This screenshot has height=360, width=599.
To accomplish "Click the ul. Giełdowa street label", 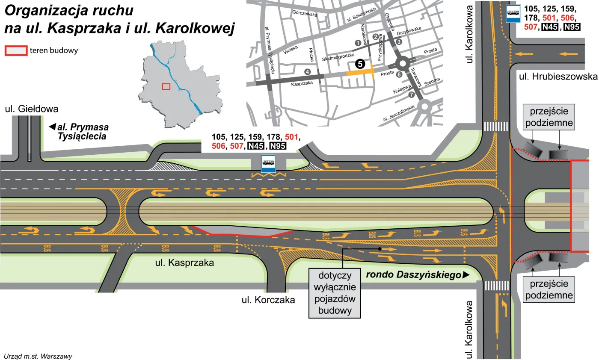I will (31, 109).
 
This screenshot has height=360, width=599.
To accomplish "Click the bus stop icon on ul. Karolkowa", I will (513, 13).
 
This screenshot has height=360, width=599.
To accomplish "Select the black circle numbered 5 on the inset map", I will (359, 64).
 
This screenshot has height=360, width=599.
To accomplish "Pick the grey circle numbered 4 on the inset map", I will (307, 71).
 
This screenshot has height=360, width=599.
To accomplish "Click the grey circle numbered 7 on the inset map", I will (412, 94).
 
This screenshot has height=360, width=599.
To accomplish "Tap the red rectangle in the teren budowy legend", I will (16, 50).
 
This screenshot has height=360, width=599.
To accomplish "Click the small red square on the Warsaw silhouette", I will (166, 86).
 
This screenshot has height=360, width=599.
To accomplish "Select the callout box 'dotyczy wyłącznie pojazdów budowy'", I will (334, 293).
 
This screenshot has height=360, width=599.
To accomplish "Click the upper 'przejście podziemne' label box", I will (549, 118).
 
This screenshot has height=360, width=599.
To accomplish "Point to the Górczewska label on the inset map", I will (305, 14).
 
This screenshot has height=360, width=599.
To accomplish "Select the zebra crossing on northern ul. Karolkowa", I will (495, 127).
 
